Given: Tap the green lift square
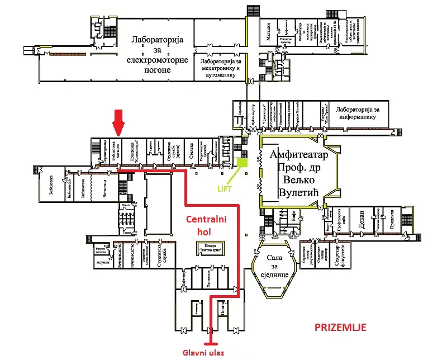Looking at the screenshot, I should [x=242, y=163].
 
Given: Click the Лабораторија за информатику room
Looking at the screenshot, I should [x=358, y=113].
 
